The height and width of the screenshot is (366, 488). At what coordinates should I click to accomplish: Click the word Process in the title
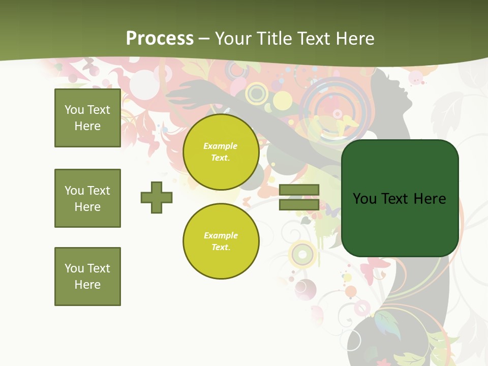click(160, 39)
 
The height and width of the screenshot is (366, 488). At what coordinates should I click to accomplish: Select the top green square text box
click(87, 118)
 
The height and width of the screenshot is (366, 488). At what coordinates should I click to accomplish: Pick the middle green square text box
click(87, 198)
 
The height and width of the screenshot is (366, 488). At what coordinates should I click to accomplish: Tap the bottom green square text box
click(87, 277)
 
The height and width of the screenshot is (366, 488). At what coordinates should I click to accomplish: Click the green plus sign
click(157, 197)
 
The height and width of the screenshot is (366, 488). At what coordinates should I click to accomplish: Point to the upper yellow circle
click(221, 152)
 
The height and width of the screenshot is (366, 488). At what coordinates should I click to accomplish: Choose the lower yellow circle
click(221, 241)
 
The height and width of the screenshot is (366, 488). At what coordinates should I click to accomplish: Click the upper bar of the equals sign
click(299, 190)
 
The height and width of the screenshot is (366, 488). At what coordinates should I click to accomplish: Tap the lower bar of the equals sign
click(299, 205)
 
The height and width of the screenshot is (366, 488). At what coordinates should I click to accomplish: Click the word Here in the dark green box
click(430, 199)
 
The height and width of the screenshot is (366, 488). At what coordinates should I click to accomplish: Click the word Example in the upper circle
click(221, 146)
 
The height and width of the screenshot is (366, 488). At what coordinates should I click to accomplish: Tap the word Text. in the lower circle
click(221, 248)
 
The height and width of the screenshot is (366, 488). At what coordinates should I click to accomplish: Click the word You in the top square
click(74, 110)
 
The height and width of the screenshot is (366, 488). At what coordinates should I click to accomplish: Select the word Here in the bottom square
click(87, 285)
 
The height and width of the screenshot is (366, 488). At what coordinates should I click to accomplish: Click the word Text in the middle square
click(99, 191)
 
